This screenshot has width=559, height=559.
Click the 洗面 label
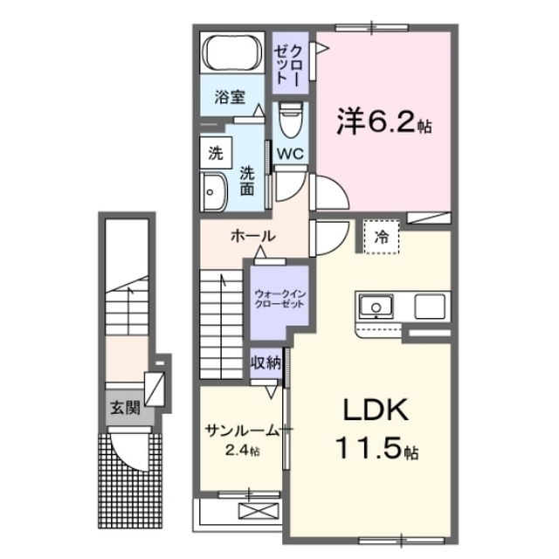tap(248, 179)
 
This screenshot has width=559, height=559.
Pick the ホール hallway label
tap(253, 236)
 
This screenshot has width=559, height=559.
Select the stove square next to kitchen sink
tap(429, 307)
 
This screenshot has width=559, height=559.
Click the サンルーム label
tap(241, 430)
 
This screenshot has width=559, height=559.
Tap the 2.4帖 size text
tap(242, 451)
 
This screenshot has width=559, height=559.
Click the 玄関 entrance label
tap(125, 408)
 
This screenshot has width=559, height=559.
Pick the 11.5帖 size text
tap(376, 450)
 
